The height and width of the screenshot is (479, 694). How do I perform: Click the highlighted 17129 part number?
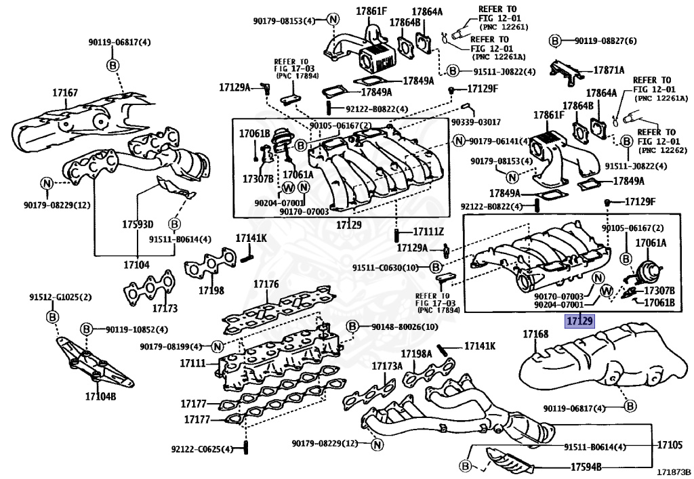[x=579, y=320]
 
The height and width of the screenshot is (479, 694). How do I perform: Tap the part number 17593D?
[x=138, y=224]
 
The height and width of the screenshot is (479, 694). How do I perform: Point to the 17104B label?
[x=100, y=396]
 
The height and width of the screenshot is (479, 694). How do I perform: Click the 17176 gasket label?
[x=266, y=284]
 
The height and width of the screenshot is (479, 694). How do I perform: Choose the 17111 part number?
[x=192, y=364]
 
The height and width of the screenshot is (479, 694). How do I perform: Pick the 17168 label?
[x=535, y=334]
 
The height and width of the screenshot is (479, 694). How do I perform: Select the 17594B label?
[x=586, y=466]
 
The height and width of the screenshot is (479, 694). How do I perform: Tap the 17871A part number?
[x=609, y=70]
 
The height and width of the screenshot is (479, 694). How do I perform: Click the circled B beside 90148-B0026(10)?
[x=352, y=327]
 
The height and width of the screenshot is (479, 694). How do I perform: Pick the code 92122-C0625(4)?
[x=202, y=449]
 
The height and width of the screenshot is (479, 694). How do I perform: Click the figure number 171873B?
[x=672, y=472]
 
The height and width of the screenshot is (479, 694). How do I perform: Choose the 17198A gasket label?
[x=416, y=354]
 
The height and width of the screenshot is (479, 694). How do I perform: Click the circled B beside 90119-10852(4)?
[x=87, y=329]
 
